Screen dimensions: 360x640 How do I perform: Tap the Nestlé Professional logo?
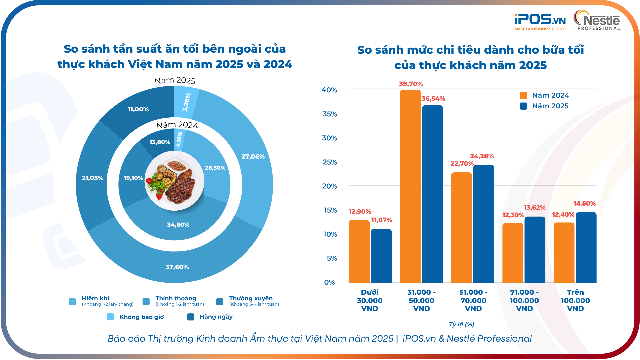597,21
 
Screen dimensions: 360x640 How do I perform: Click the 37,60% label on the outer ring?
177,267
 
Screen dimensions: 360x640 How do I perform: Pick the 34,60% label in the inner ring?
178,225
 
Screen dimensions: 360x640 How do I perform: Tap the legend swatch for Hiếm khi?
72,302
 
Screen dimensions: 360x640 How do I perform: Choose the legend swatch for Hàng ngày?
191,317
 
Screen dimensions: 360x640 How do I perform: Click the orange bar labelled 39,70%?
410,187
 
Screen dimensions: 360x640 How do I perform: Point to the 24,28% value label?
482,156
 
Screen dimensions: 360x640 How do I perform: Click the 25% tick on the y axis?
329,162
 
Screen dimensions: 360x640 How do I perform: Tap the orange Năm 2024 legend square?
523,96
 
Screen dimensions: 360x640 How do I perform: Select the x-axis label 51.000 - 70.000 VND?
473,300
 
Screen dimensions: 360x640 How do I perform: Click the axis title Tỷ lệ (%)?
461,324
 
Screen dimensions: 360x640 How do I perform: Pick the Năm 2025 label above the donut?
175,80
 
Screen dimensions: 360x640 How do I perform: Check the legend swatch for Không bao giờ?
110,317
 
